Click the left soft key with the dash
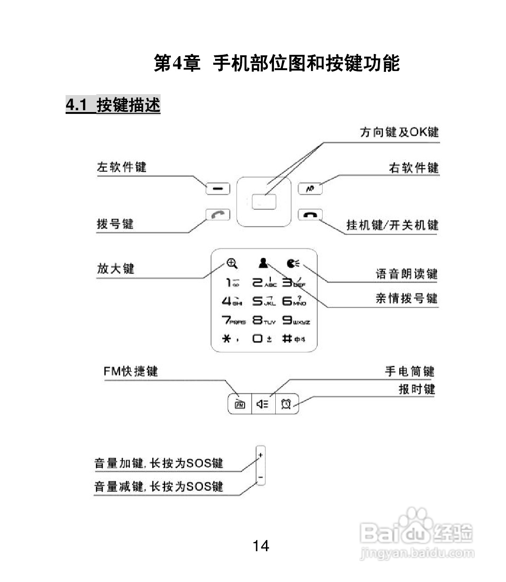point(218,188)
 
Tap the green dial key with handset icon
point(218,215)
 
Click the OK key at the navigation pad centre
point(264,202)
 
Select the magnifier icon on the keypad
point(232,263)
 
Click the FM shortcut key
point(240,404)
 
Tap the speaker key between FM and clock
point(263,404)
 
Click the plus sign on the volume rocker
point(261,455)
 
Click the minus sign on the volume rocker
point(261,478)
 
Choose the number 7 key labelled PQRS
point(233,320)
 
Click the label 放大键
point(116,268)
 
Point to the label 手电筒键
point(409,371)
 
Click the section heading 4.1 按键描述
point(113,105)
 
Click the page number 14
point(261,545)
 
